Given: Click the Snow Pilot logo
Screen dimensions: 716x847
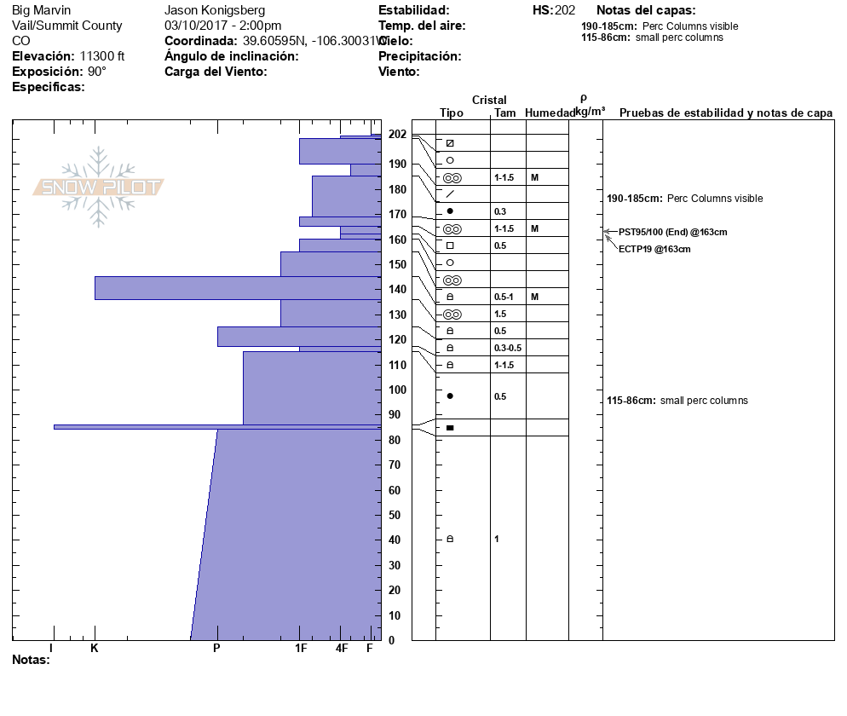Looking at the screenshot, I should pyautogui.click(x=98, y=187).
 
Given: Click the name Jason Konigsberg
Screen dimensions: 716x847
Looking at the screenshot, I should pyautogui.click(x=214, y=10).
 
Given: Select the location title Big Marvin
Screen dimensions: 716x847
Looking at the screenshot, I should pyautogui.click(x=42, y=10).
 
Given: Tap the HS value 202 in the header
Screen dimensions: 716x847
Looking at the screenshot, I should pyautogui.click(x=564, y=10).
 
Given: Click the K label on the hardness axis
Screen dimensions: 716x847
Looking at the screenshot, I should pyautogui.click(x=95, y=649).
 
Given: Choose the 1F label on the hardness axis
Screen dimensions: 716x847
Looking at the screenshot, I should pyautogui.click(x=301, y=649).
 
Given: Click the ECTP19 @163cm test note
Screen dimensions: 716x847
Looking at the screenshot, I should pyautogui.click(x=654, y=249).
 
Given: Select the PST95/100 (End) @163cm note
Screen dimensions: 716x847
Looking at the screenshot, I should pyautogui.click(x=673, y=232).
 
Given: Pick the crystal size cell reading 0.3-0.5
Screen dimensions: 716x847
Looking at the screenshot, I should pyautogui.click(x=508, y=348).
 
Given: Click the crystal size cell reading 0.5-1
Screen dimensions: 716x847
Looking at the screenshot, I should pyautogui.click(x=504, y=297).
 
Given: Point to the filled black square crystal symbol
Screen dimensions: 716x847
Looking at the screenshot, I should pyautogui.click(x=450, y=427).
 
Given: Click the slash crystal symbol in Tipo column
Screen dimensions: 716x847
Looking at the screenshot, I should pyautogui.click(x=450, y=193).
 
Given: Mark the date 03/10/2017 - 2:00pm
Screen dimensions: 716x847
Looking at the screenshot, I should pyautogui.click(x=222, y=26).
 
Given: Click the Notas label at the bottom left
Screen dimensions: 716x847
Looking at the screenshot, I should pyautogui.click(x=31, y=660).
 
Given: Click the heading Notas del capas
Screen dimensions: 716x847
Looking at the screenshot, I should pyautogui.click(x=646, y=10).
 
